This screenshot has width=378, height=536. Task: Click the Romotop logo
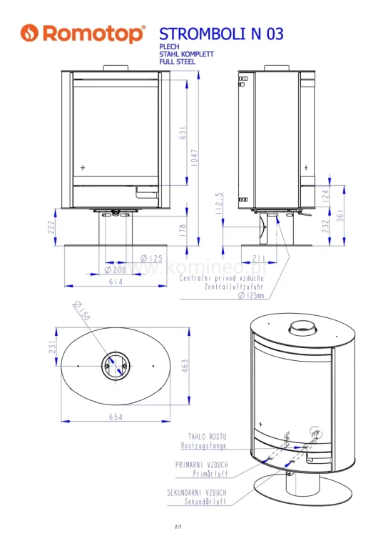(x=83, y=34)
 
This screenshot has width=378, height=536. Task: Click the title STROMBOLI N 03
(x=220, y=34)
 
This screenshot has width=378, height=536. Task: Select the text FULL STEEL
(x=177, y=62)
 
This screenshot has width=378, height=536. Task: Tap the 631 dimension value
(x=183, y=134)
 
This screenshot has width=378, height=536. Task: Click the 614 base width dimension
(x=115, y=282)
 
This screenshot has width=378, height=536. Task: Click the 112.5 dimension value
(x=222, y=203)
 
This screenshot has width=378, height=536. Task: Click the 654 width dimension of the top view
(x=115, y=417)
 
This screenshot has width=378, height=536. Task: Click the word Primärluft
(x=209, y=473)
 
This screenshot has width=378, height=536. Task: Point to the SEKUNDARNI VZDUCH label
(x=201, y=493)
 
